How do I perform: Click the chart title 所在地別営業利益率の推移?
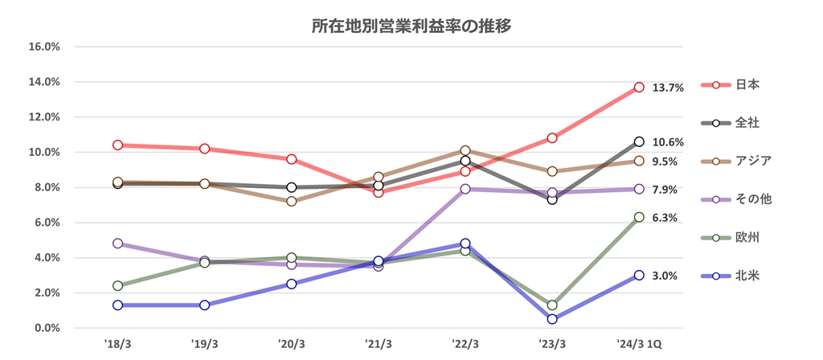pos(411,25)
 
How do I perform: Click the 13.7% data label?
pos(668,88)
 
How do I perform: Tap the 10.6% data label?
pos(668,142)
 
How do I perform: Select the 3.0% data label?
pos(665,276)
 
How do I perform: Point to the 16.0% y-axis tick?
pos(44,47)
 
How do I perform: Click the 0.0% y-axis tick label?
pos(47,328)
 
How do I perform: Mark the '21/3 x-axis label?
pos(379,343)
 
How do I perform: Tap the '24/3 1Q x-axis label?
pos(639,343)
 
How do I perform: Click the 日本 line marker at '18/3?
pos(118,145)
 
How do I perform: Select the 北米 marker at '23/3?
pos(552,319)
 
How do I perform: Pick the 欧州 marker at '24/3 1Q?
pos(639,217)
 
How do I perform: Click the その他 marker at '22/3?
pos(465,189)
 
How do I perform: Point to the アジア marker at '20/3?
pos(292,201)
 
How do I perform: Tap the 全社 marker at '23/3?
pos(552,199)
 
